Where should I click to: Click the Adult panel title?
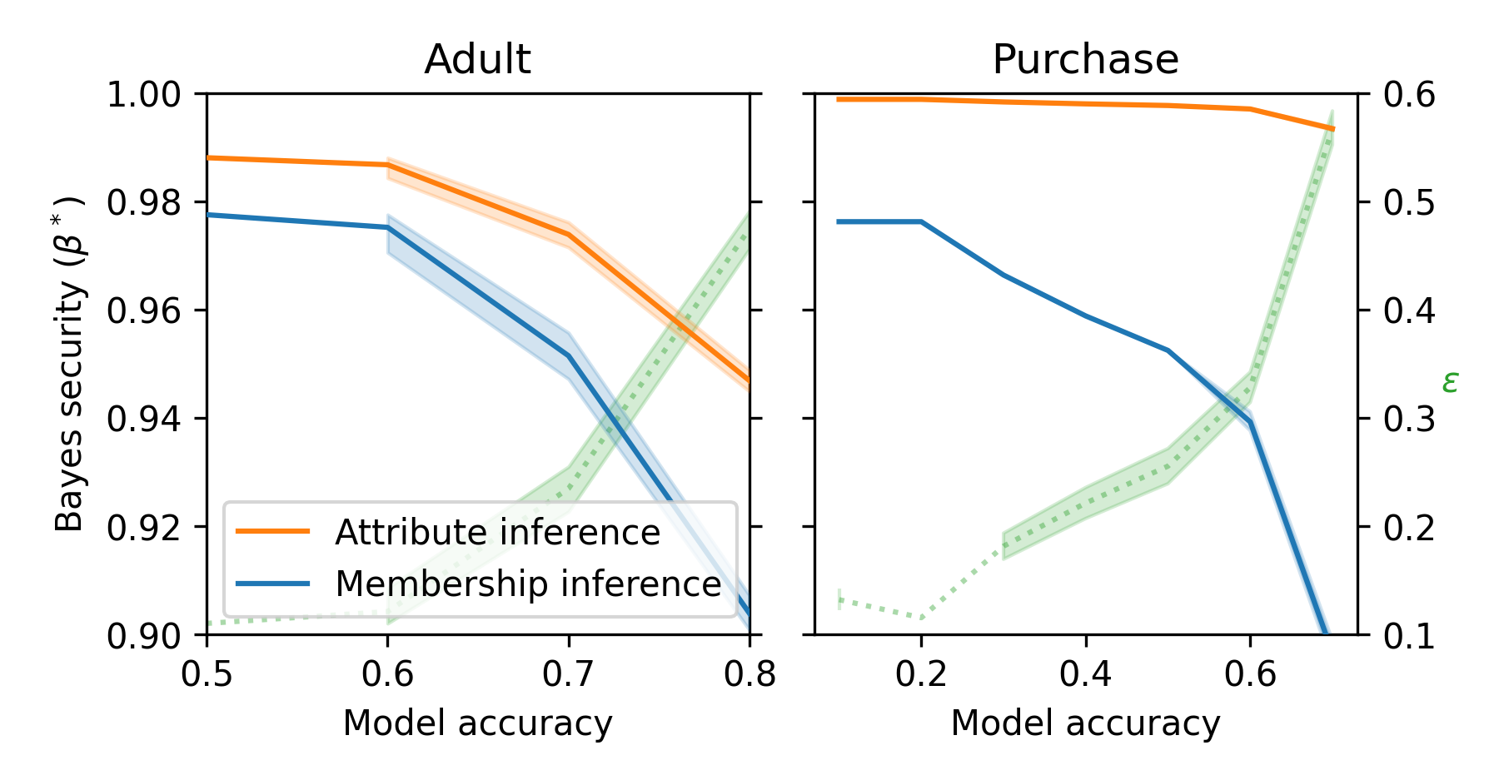(477, 60)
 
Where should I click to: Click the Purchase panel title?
(1085, 60)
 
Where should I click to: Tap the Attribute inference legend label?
(497, 533)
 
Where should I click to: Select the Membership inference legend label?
(528, 584)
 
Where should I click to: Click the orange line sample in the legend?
(272, 532)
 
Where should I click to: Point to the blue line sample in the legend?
(272, 584)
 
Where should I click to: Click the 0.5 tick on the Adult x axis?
(207, 673)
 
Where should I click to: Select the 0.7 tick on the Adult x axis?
(569, 673)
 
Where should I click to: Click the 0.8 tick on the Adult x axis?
(749, 673)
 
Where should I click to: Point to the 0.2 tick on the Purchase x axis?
(921, 673)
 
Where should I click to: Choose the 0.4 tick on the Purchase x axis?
(1086, 673)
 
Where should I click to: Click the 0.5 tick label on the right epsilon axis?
(1409, 203)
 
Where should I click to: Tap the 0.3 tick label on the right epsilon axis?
(1409, 419)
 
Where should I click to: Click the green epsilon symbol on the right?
(1450, 382)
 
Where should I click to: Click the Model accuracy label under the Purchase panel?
(1085, 723)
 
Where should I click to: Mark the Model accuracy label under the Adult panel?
(477, 723)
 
